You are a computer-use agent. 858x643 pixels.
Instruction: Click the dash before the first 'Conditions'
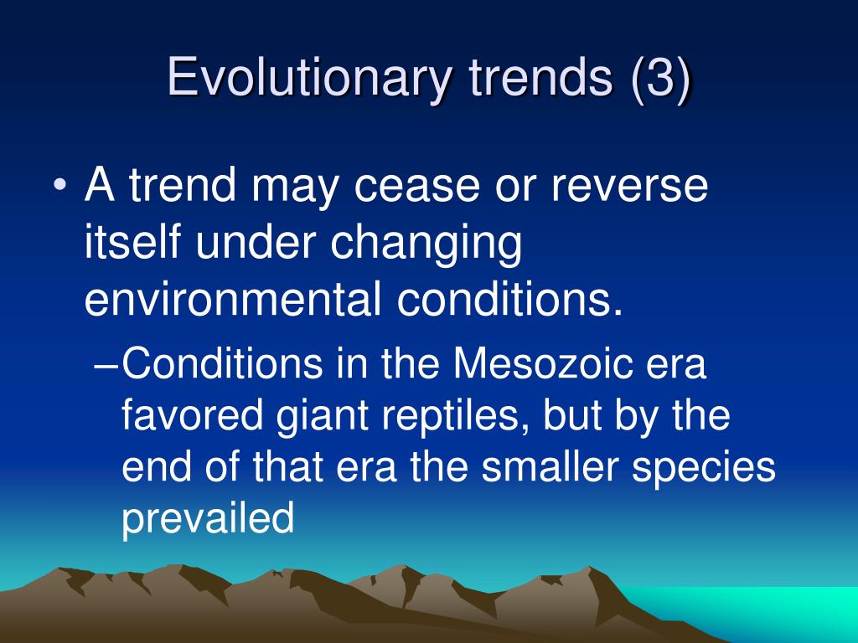pyautogui.click(x=105, y=367)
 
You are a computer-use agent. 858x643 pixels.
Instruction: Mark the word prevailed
pyautogui.click(x=208, y=518)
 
